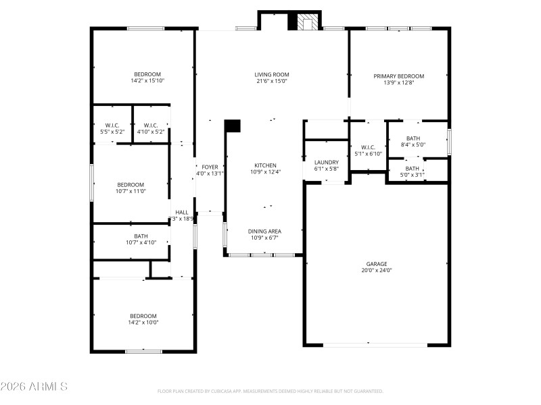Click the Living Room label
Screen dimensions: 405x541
click(x=271, y=75)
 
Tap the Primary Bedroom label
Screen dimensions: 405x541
click(x=399, y=76)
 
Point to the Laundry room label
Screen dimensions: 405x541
click(x=326, y=163)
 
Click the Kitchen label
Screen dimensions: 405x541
click(x=265, y=165)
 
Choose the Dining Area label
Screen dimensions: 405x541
click(x=265, y=231)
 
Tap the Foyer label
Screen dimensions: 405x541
click(x=210, y=167)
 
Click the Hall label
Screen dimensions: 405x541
click(x=182, y=212)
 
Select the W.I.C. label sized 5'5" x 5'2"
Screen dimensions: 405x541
click(x=112, y=125)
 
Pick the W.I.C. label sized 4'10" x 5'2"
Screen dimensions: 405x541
click(x=151, y=125)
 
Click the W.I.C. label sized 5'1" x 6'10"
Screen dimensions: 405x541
click(x=368, y=147)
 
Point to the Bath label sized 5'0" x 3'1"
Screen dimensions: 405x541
click(x=413, y=168)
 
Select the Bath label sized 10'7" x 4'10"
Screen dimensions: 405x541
click(x=141, y=236)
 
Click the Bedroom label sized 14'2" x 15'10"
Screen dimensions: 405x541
click(x=147, y=74)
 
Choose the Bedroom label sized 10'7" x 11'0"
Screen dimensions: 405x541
click(x=131, y=184)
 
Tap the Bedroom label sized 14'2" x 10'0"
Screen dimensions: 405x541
click(x=143, y=316)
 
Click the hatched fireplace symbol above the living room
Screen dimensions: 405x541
click(x=308, y=22)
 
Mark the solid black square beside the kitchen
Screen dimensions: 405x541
click(x=233, y=126)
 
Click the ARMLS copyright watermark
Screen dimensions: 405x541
click(x=34, y=387)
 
